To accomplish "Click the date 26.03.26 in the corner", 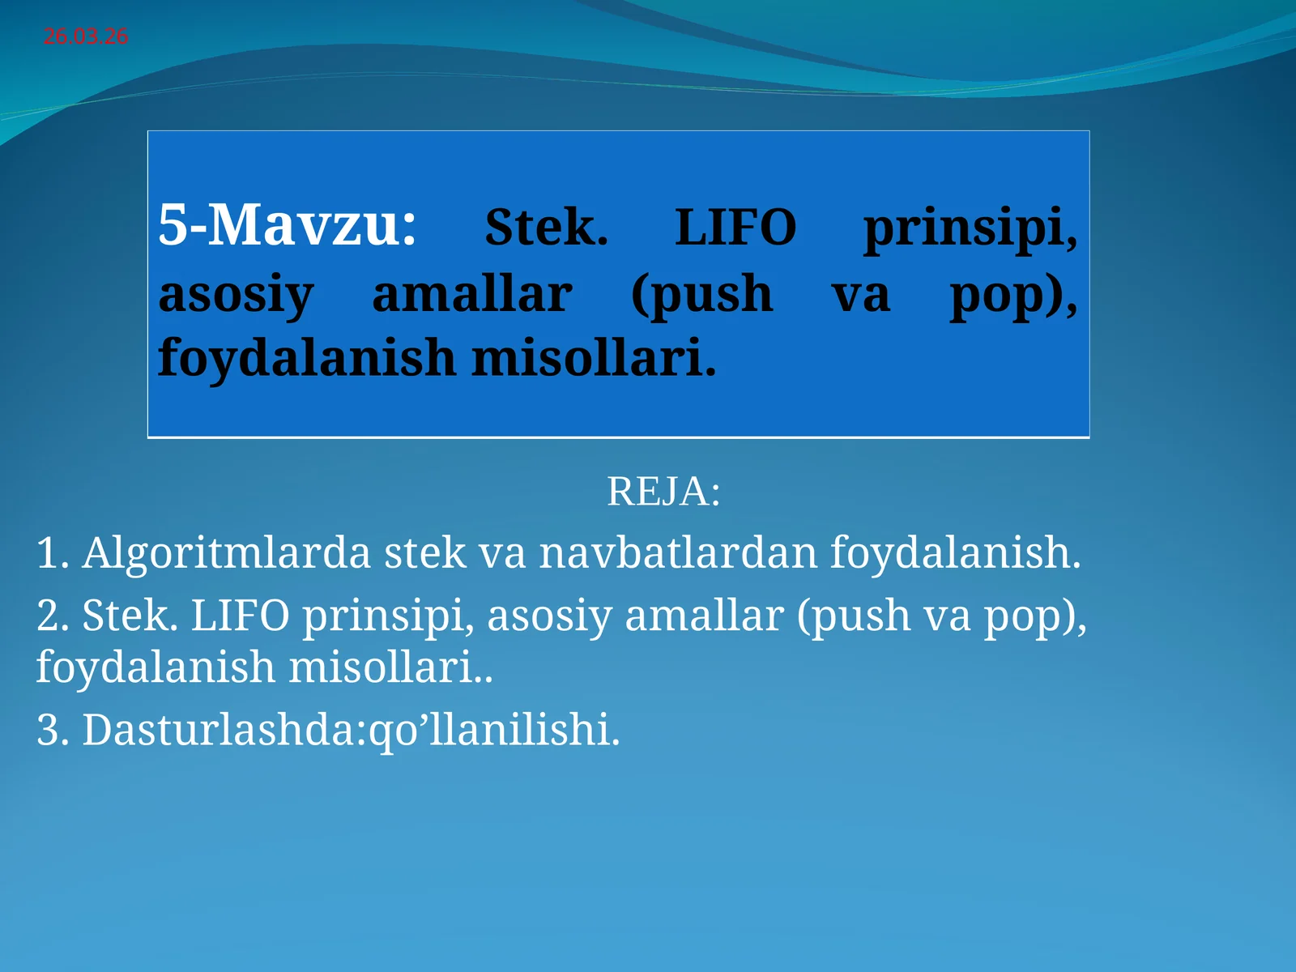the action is (x=85, y=36).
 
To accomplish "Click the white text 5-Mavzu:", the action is (x=288, y=225).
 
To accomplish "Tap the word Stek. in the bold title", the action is (x=546, y=228).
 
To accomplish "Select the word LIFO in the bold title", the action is (x=735, y=228).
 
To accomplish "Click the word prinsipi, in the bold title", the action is (x=970, y=229).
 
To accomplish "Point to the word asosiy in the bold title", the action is (x=236, y=295).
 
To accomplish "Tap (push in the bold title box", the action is (x=701, y=295).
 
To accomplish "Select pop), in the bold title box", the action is (x=1013, y=295).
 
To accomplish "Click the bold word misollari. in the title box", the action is (x=594, y=358).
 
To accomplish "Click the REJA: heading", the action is (x=663, y=492).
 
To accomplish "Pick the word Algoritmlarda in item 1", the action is (x=226, y=553).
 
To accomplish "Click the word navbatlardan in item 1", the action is (x=678, y=553).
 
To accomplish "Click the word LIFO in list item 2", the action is (x=240, y=616).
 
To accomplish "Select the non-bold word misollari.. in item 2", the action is (x=390, y=667).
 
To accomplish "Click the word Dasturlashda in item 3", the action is (x=219, y=730).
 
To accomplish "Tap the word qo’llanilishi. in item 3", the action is (x=494, y=730).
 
